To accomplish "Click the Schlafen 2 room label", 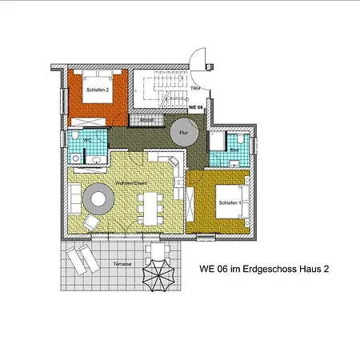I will click(x=97, y=90).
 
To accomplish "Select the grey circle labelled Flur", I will click(x=183, y=134).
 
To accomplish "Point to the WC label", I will click(x=87, y=141).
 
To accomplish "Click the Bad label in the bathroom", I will click(x=234, y=149).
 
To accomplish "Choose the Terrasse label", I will click(x=122, y=262).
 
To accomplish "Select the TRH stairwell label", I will click(x=195, y=89).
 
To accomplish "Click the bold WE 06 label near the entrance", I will click(x=195, y=106).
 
